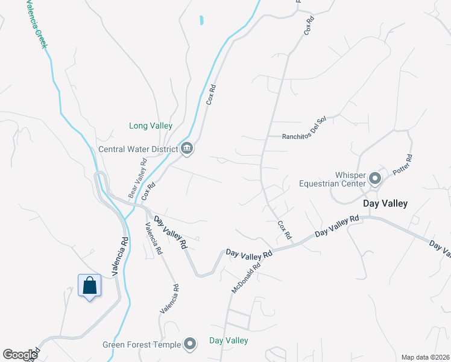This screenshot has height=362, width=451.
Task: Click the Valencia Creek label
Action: point(36,24)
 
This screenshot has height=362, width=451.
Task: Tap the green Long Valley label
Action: point(151,126)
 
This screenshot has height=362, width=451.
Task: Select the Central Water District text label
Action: point(138,149)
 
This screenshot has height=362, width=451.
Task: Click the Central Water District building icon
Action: point(187,148)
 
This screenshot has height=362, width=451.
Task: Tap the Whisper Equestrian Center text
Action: point(332,179)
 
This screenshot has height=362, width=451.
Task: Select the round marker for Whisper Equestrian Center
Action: point(375,178)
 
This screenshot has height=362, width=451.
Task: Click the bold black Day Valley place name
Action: point(385,204)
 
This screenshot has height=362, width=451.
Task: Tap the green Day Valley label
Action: point(229,341)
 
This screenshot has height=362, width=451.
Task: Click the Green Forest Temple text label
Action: point(141,345)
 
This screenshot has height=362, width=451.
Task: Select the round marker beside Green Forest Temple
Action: point(191,345)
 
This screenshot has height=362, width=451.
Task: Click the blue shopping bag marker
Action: point(89,285)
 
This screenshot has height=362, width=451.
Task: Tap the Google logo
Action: point(20,355)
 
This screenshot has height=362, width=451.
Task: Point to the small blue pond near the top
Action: point(201,20)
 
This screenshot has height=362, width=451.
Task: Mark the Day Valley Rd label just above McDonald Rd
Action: point(249,253)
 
